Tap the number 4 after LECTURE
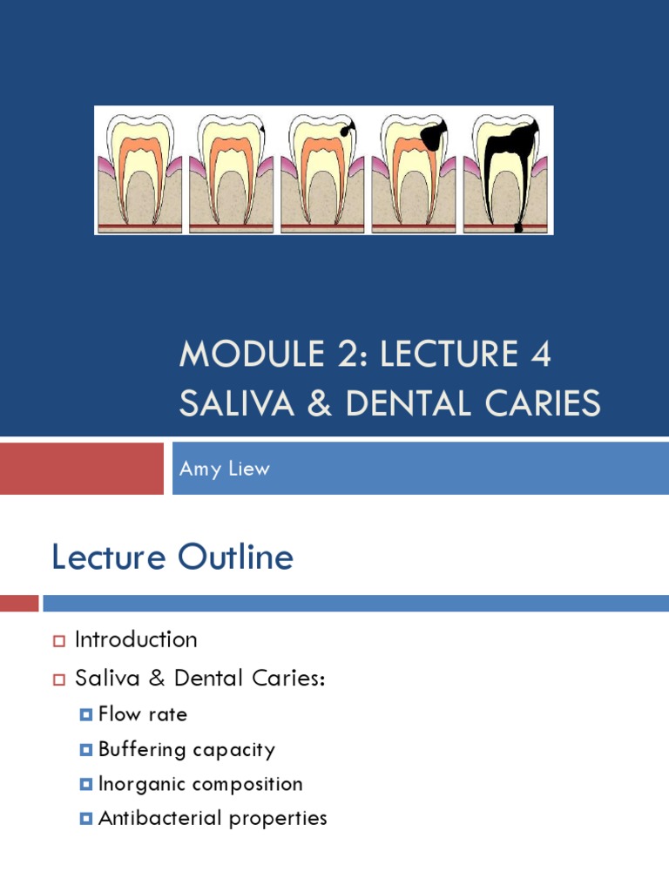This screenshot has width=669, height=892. click(x=539, y=355)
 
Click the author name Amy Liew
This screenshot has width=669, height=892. click(x=225, y=469)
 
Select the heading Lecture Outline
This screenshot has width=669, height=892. click(x=172, y=557)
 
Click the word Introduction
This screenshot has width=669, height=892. click(x=136, y=639)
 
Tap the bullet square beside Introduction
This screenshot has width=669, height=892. click(x=59, y=641)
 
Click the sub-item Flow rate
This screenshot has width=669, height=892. click(x=143, y=715)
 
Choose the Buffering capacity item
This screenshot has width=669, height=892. click(x=186, y=749)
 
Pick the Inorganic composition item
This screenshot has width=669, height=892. click(x=200, y=784)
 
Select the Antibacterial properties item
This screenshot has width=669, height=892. click(x=213, y=819)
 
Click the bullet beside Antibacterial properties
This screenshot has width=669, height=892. click(x=85, y=820)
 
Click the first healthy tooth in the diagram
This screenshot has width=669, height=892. click(x=139, y=170)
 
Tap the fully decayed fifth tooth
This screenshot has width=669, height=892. click(x=506, y=170)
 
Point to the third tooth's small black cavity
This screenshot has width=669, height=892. click(x=348, y=129)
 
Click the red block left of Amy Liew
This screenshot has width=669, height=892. click(x=81, y=469)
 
